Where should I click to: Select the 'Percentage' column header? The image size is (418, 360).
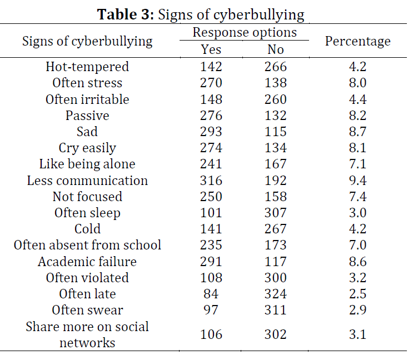(x=357, y=41)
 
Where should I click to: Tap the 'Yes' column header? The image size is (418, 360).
(x=211, y=49)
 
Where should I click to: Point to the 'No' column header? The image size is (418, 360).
(x=276, y=49)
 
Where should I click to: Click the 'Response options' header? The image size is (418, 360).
(x=245, y=32)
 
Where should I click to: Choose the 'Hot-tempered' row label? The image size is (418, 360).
(x=87, y=67)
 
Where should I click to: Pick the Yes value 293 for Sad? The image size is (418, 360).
(x=211, y=132)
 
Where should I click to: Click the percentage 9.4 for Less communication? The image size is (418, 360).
(x=357, y=181)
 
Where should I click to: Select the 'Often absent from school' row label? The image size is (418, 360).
(x=87, y=246)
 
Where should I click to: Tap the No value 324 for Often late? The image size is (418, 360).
(x=276, y=294)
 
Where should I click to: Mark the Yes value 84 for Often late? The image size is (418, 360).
(x=211, y=294)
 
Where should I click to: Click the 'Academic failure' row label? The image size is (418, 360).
(x=87, y=262)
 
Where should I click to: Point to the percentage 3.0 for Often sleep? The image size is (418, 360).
(x=357, y=213)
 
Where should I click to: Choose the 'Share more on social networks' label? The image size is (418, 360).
(x=87, y=334)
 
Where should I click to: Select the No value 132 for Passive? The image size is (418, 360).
(x=276, y=116)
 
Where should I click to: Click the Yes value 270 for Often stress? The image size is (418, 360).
(x=211, y=83)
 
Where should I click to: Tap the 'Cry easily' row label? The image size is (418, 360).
(x=87, y=148)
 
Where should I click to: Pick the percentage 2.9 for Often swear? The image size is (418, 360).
(x=357, y=311)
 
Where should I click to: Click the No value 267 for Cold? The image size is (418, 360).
(x=276, y=229)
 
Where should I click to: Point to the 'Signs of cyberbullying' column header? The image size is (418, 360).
(x=87, y=41)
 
